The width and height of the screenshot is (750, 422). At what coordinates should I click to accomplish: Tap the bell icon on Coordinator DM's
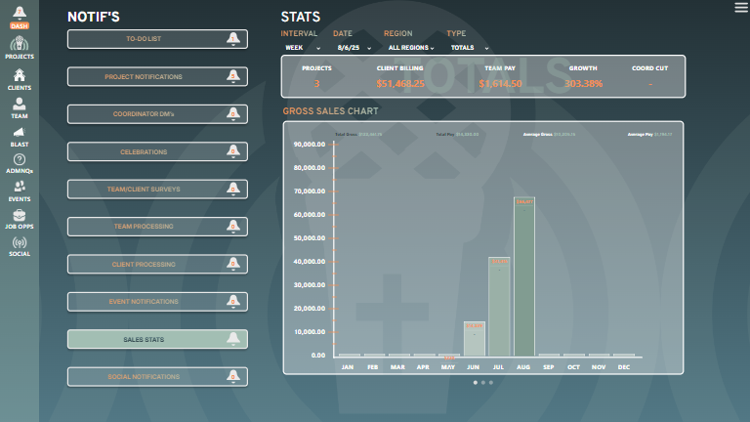232,114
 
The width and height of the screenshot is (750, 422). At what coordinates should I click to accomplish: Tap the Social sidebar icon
19,245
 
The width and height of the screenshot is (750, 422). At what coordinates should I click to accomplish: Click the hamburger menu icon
740,8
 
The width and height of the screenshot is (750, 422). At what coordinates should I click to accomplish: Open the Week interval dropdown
302,47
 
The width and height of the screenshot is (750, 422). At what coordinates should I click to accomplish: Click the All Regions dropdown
411,47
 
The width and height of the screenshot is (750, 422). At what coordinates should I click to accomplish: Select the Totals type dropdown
470,47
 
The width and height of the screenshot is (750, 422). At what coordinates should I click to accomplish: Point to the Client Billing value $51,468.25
400,84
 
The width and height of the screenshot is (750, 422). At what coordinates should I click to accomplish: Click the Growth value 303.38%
583,84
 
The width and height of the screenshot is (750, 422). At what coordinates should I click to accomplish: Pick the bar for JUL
499,306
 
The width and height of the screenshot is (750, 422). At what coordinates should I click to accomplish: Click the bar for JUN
474,338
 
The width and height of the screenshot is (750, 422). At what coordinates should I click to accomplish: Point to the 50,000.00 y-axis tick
310,237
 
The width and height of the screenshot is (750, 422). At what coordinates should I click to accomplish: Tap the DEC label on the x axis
624,367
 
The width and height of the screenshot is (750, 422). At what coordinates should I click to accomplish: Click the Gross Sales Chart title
330,111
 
